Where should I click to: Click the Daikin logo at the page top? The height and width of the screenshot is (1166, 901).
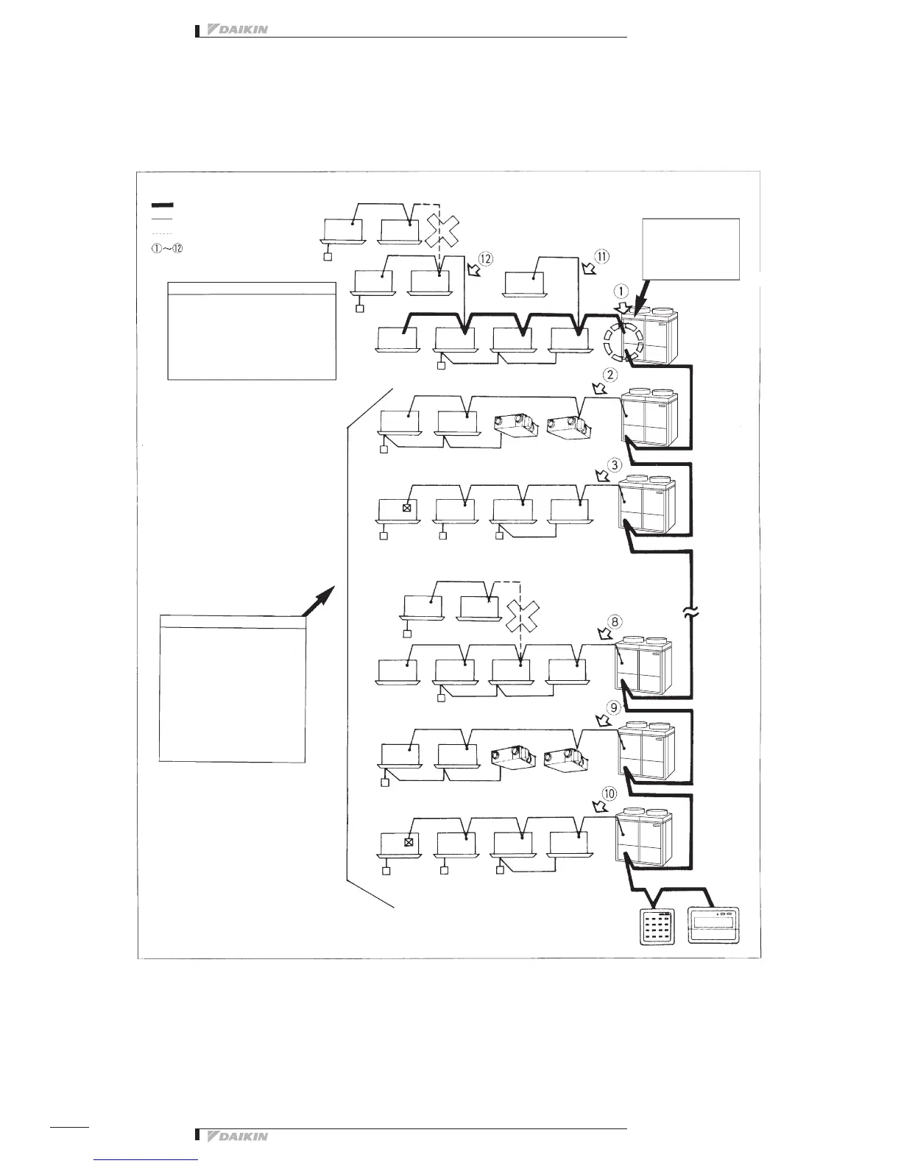coord(236,30)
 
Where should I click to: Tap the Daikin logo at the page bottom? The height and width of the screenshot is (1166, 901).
coord(236,1136)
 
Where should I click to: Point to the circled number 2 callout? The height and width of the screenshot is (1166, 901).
coord(609,375)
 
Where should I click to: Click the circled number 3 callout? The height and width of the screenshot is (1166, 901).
coord(615,465)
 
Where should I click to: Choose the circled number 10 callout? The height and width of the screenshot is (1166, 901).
coord(609,794)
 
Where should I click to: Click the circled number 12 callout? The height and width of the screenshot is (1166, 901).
coord(484,259)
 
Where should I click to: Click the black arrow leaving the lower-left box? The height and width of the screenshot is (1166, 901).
coord(319,599)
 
